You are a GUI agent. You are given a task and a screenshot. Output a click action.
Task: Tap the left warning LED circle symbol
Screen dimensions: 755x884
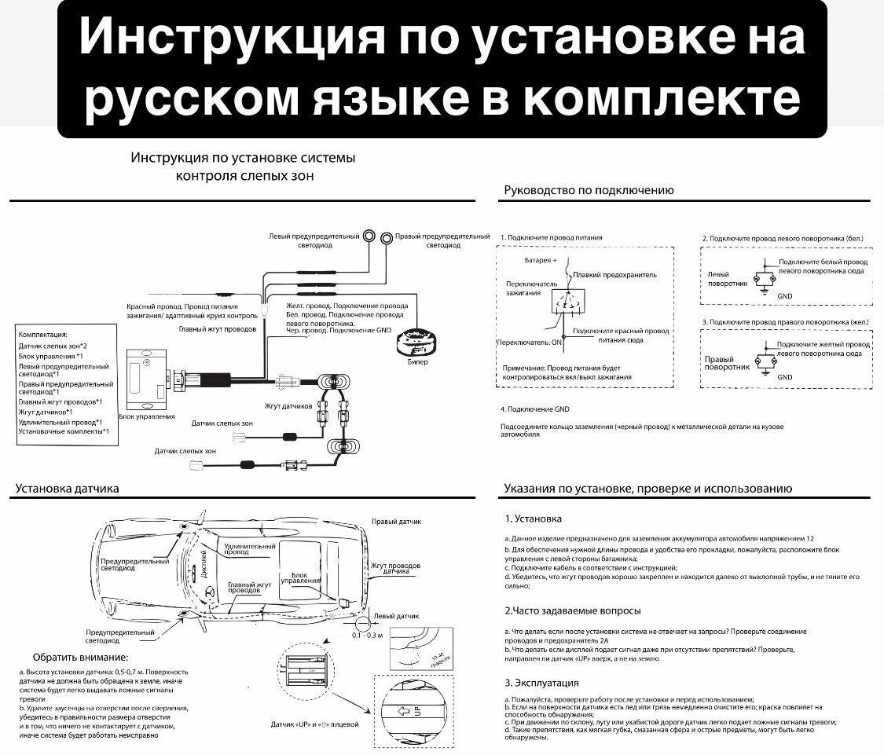tap(368, 237)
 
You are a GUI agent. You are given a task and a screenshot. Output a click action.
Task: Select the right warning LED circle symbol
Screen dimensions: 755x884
tap(386, 238)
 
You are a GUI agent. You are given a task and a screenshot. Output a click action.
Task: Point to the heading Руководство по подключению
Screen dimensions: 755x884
tap(589, 190)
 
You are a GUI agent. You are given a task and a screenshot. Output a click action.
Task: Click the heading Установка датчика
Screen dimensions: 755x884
tap(68, 489)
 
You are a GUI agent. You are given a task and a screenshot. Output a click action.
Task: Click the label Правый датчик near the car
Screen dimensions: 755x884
tap(397, 521)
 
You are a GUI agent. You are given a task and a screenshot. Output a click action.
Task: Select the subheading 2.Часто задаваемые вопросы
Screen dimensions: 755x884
tap(572, 610)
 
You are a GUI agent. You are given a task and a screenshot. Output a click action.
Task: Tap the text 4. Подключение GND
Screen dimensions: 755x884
tap(534, 409)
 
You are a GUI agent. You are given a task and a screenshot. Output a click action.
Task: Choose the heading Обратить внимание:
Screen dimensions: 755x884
tap(80, 657)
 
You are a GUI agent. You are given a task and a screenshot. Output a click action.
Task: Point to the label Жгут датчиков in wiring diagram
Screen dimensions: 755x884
tap(288, 406)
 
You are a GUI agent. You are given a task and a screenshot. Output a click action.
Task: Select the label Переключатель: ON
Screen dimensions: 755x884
tap(530, 343)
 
